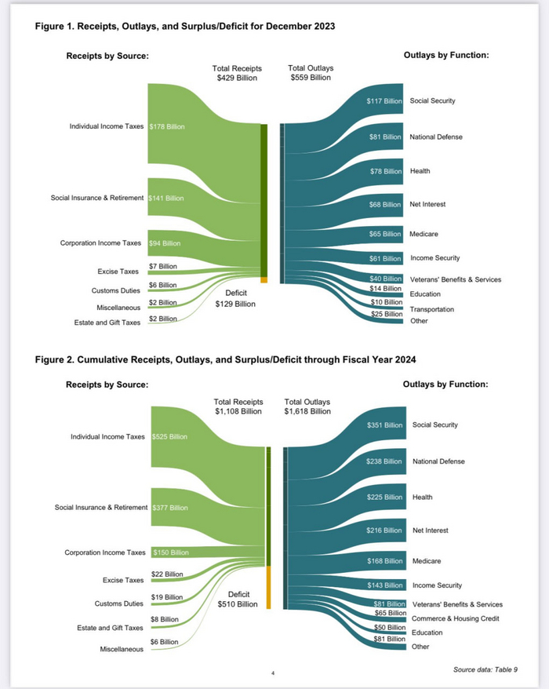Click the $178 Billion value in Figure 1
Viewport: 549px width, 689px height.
point(167,126)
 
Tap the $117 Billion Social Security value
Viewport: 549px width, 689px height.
point(384,101)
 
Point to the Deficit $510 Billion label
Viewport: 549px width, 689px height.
point(237,599)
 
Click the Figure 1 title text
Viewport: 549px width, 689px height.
point(185,26)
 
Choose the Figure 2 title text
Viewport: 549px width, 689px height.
point(226,359)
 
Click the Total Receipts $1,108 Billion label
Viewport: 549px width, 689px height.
point(238,406)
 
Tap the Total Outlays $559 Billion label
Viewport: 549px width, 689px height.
point(310,73)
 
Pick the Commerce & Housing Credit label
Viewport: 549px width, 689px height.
point(456,618)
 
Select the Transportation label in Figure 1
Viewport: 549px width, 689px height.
point(431,309)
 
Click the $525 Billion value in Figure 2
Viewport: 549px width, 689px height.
point(169,437)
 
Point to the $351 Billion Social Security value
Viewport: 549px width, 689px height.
point(384,425)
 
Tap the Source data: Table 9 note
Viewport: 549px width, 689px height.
point(485,669)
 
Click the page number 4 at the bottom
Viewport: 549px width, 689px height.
point(272,673)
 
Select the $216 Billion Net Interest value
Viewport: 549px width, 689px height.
point(384,530)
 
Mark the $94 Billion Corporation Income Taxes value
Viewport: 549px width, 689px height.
point(164,243)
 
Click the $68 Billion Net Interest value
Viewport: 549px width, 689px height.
point(386,204)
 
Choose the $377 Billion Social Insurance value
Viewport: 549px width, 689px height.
point(169,508)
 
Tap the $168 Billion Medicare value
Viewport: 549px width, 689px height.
point(384,561)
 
